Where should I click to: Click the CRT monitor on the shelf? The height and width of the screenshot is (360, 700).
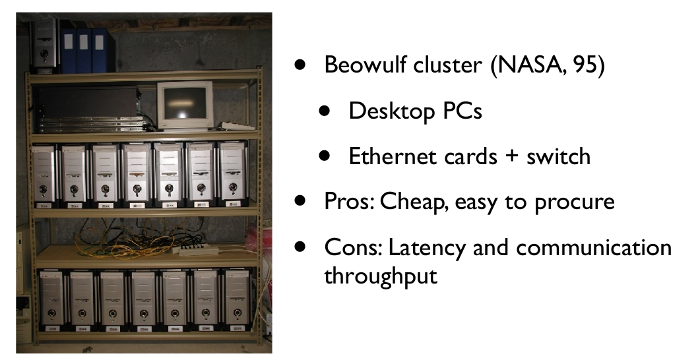tap(185, 104)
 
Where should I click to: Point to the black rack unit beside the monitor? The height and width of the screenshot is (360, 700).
tap(92, 109)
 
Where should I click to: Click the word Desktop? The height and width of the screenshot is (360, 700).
tap(389, 111)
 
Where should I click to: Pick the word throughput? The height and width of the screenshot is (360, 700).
tap(380, 276)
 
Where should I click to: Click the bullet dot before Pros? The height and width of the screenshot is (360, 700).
tap(302, 200)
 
